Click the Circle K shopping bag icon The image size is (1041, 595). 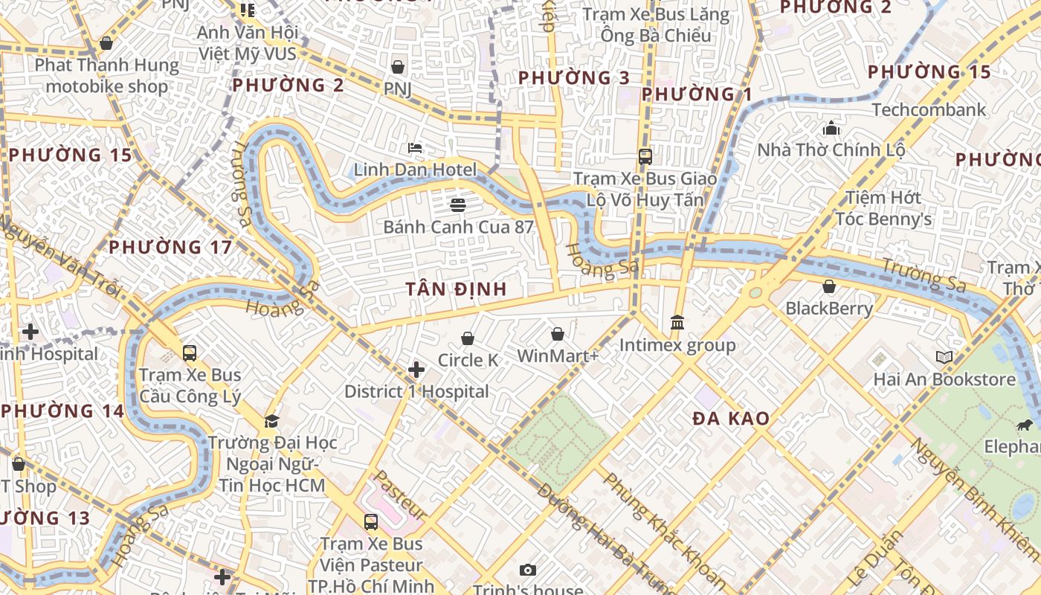[468, 339]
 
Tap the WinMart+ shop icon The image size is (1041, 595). [557, 335]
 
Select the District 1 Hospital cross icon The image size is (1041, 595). [416, 370]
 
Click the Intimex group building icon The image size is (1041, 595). [677, 323]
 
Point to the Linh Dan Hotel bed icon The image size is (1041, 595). [415, 148]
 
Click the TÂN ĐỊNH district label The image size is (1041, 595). [457, 289]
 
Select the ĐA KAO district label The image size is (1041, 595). [731, 419]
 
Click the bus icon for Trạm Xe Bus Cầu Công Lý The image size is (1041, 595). [190, 353]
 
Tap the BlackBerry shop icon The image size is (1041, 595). [829, 286]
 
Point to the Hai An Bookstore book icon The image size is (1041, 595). [944, 357]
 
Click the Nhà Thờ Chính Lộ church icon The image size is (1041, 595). [831, 129]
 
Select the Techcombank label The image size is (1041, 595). [929, 110]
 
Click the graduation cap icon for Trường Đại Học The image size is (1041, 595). [271, 421]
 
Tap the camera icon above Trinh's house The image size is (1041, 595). [527, 570]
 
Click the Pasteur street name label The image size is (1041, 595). [399, 495]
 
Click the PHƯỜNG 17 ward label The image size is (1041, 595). [171, 247]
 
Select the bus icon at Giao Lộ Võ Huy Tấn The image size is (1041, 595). [645, 157]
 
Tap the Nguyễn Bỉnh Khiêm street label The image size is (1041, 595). [975, 498]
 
